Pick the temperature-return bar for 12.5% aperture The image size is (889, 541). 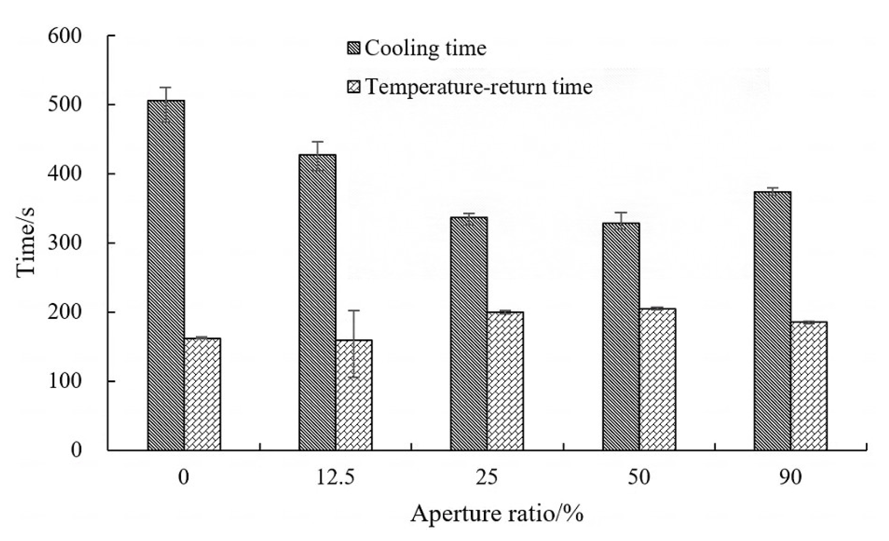coord(354,395)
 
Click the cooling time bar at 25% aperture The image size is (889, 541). coord(469,333)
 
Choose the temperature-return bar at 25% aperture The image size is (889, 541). coord(505,381)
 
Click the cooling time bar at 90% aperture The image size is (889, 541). coord(772,321)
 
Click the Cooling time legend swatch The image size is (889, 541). coord(354,49)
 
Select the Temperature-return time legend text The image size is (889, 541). coord(478,87)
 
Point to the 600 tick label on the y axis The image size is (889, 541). coord(65,36)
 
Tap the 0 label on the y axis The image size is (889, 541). coord(76,450)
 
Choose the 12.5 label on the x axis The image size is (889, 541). coord(335,478)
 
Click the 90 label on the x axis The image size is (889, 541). coord(790,478)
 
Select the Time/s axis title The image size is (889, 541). coord(25,243)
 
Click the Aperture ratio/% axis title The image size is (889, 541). coord(496,514)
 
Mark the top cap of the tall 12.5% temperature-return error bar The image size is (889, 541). coord(354,311)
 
